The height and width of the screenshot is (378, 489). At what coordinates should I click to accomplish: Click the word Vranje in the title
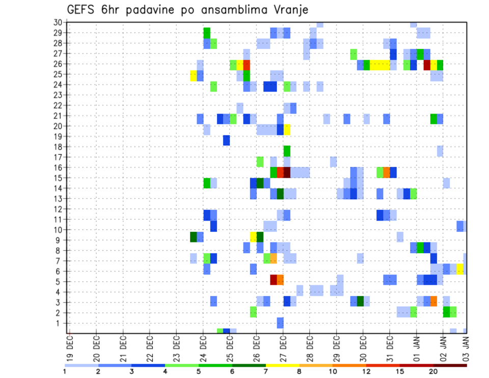coord(288,10)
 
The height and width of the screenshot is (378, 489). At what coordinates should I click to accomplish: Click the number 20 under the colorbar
coord(433,371)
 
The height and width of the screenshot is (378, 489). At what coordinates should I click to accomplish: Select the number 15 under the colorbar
coord(400,371)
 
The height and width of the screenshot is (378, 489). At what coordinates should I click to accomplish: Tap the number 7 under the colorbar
coord(266,371)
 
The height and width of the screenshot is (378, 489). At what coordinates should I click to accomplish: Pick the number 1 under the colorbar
coord(65,371)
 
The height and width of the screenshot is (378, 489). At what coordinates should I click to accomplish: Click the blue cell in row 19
coord(226,140)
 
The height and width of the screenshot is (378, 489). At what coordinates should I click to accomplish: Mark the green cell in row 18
coord(287,151)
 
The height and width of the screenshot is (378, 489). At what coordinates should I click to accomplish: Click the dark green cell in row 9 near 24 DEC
coord(193,237)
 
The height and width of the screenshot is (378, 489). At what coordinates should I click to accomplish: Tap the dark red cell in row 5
coord(274,280)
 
